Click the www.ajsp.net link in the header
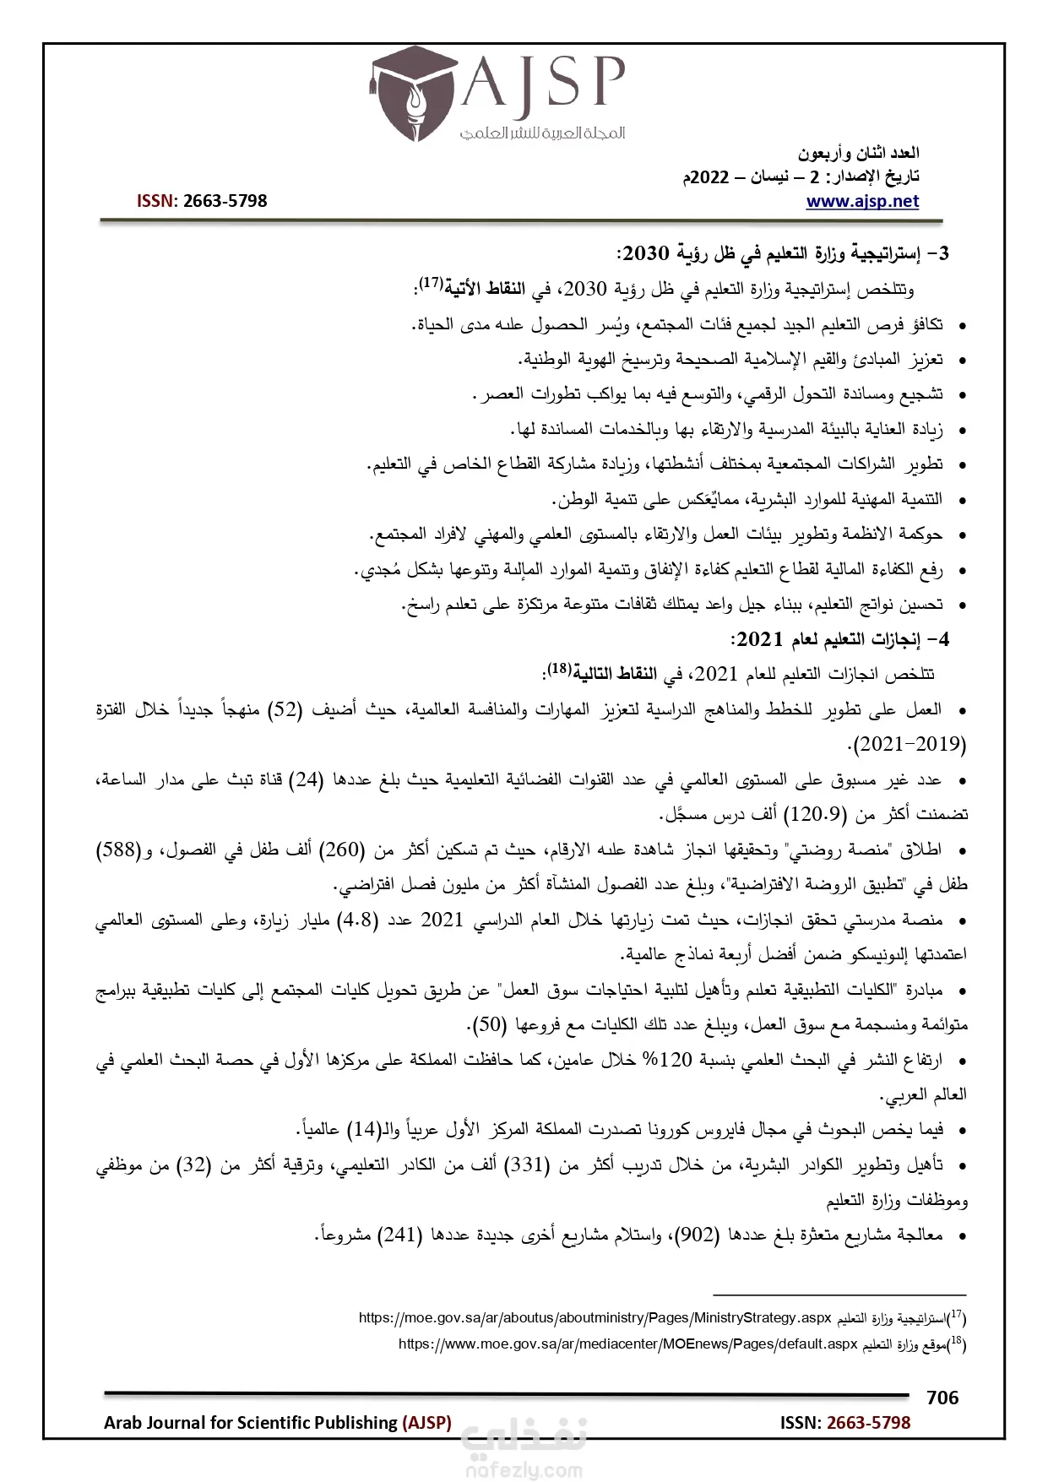click(862, 201)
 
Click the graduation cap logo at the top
click(414, 95)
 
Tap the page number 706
click(942, 1398)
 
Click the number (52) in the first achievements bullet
click(285, 709)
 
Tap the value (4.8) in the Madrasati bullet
click(358, 920)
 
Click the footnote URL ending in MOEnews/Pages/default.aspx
click(627, 1344)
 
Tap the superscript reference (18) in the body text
click(558, 669)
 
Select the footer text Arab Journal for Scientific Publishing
click(252, 1422)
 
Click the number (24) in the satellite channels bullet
click(307, 779)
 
